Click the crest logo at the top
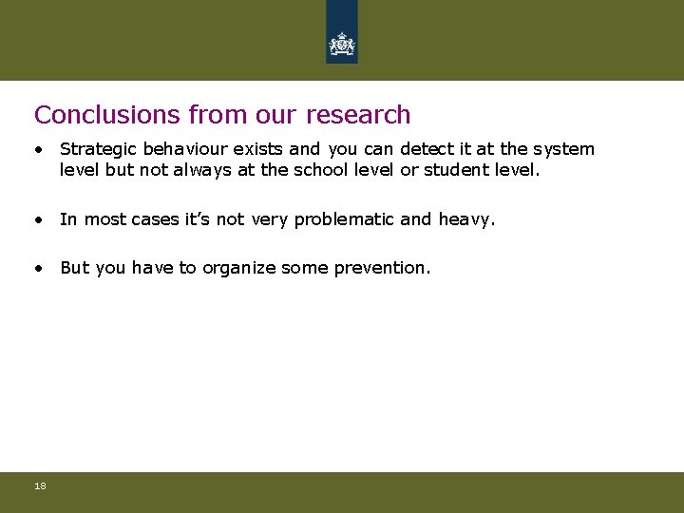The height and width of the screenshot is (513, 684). click(342, 43)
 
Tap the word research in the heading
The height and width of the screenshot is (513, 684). click(358, 115)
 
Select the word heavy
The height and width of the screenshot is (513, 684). click(466, 220)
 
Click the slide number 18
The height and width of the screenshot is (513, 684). click(40, 486)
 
